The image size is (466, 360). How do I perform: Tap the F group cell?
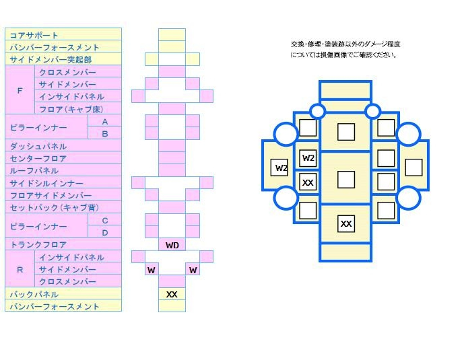pos(20,90)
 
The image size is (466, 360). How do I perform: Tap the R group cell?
pos(20,269)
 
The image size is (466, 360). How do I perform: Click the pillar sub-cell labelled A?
pos(104,122)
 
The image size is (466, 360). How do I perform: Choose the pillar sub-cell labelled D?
pos(104,233)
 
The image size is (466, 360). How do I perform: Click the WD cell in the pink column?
pos(172,246)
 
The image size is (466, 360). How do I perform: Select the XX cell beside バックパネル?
pos(172,294)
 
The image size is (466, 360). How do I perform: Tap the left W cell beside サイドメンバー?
pos(152,270)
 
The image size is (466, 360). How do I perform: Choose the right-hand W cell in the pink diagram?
pos(193,270)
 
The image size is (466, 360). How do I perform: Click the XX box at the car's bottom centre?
pos(346,224)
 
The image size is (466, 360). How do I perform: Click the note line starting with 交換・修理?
pos(345,44)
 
